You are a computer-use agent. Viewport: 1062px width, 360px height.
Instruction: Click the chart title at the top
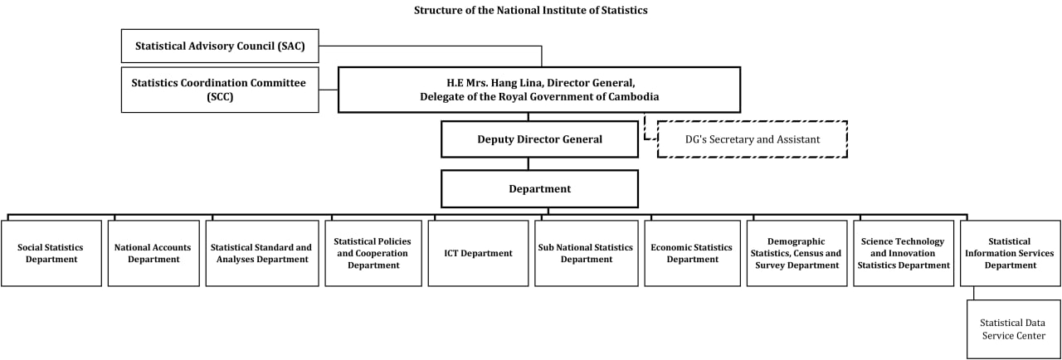[x=530, y=10]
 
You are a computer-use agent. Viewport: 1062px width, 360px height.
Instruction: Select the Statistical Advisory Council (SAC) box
[x=220, y=46]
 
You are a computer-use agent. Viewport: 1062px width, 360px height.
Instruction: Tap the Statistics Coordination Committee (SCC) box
[x=220, y=90]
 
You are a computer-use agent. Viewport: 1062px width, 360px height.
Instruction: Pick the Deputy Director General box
[x=539, y=139]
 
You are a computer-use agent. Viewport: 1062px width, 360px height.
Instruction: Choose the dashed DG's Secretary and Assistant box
[x=753, y=139]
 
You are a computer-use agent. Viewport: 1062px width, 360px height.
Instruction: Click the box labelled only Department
[x=539, y=188]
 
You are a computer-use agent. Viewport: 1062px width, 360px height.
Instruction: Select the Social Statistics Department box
[x=51, y=253]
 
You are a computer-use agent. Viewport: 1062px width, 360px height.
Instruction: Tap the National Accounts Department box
[x=153, y=253]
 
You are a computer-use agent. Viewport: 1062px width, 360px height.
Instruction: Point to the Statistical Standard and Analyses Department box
[x=262, y=253]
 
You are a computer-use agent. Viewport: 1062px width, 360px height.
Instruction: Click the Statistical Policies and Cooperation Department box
[x=373, y=253]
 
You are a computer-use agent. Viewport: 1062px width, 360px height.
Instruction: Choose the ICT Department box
[x=479, y=253]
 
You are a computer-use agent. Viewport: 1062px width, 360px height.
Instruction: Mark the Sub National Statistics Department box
[x=587, y=253]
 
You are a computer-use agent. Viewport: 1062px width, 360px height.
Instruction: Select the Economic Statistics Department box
[x=692, y=253]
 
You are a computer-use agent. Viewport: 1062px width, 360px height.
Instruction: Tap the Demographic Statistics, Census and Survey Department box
[x=797, y=253]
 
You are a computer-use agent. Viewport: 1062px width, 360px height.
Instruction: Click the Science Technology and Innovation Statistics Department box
[x=904, y=253]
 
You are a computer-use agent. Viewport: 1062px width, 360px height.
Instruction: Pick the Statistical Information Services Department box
[x=1011, y=253]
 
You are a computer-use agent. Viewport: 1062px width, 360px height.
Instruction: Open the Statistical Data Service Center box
[x=1014, y=329]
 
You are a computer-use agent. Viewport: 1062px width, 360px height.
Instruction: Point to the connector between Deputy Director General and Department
[x=529, y=164]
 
